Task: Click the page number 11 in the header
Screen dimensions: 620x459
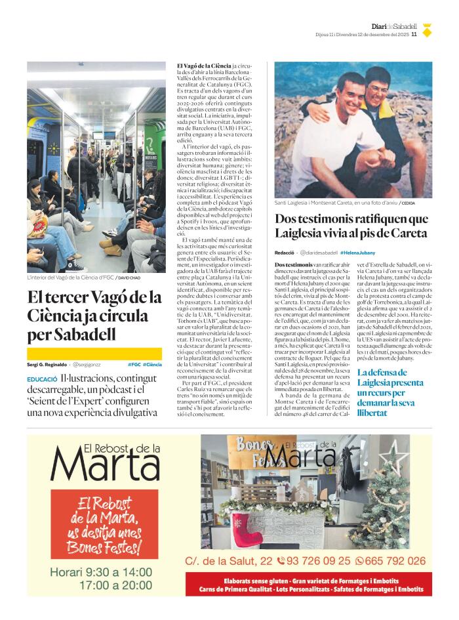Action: pyautogui.click(x=414, y=35)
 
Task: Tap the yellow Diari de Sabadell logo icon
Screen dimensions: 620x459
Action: pyautogui.click(x=427, y=30)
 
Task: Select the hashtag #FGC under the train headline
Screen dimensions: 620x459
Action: pyautogui.click(x=134, y=364)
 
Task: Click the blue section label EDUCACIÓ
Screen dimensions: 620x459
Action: pyautogui.click(x=41, y=380)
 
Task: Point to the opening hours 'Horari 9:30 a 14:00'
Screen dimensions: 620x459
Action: pyautogui.click(x=101, y=571)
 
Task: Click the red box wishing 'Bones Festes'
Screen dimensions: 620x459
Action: pyautogui.click(x=105, y=524)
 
